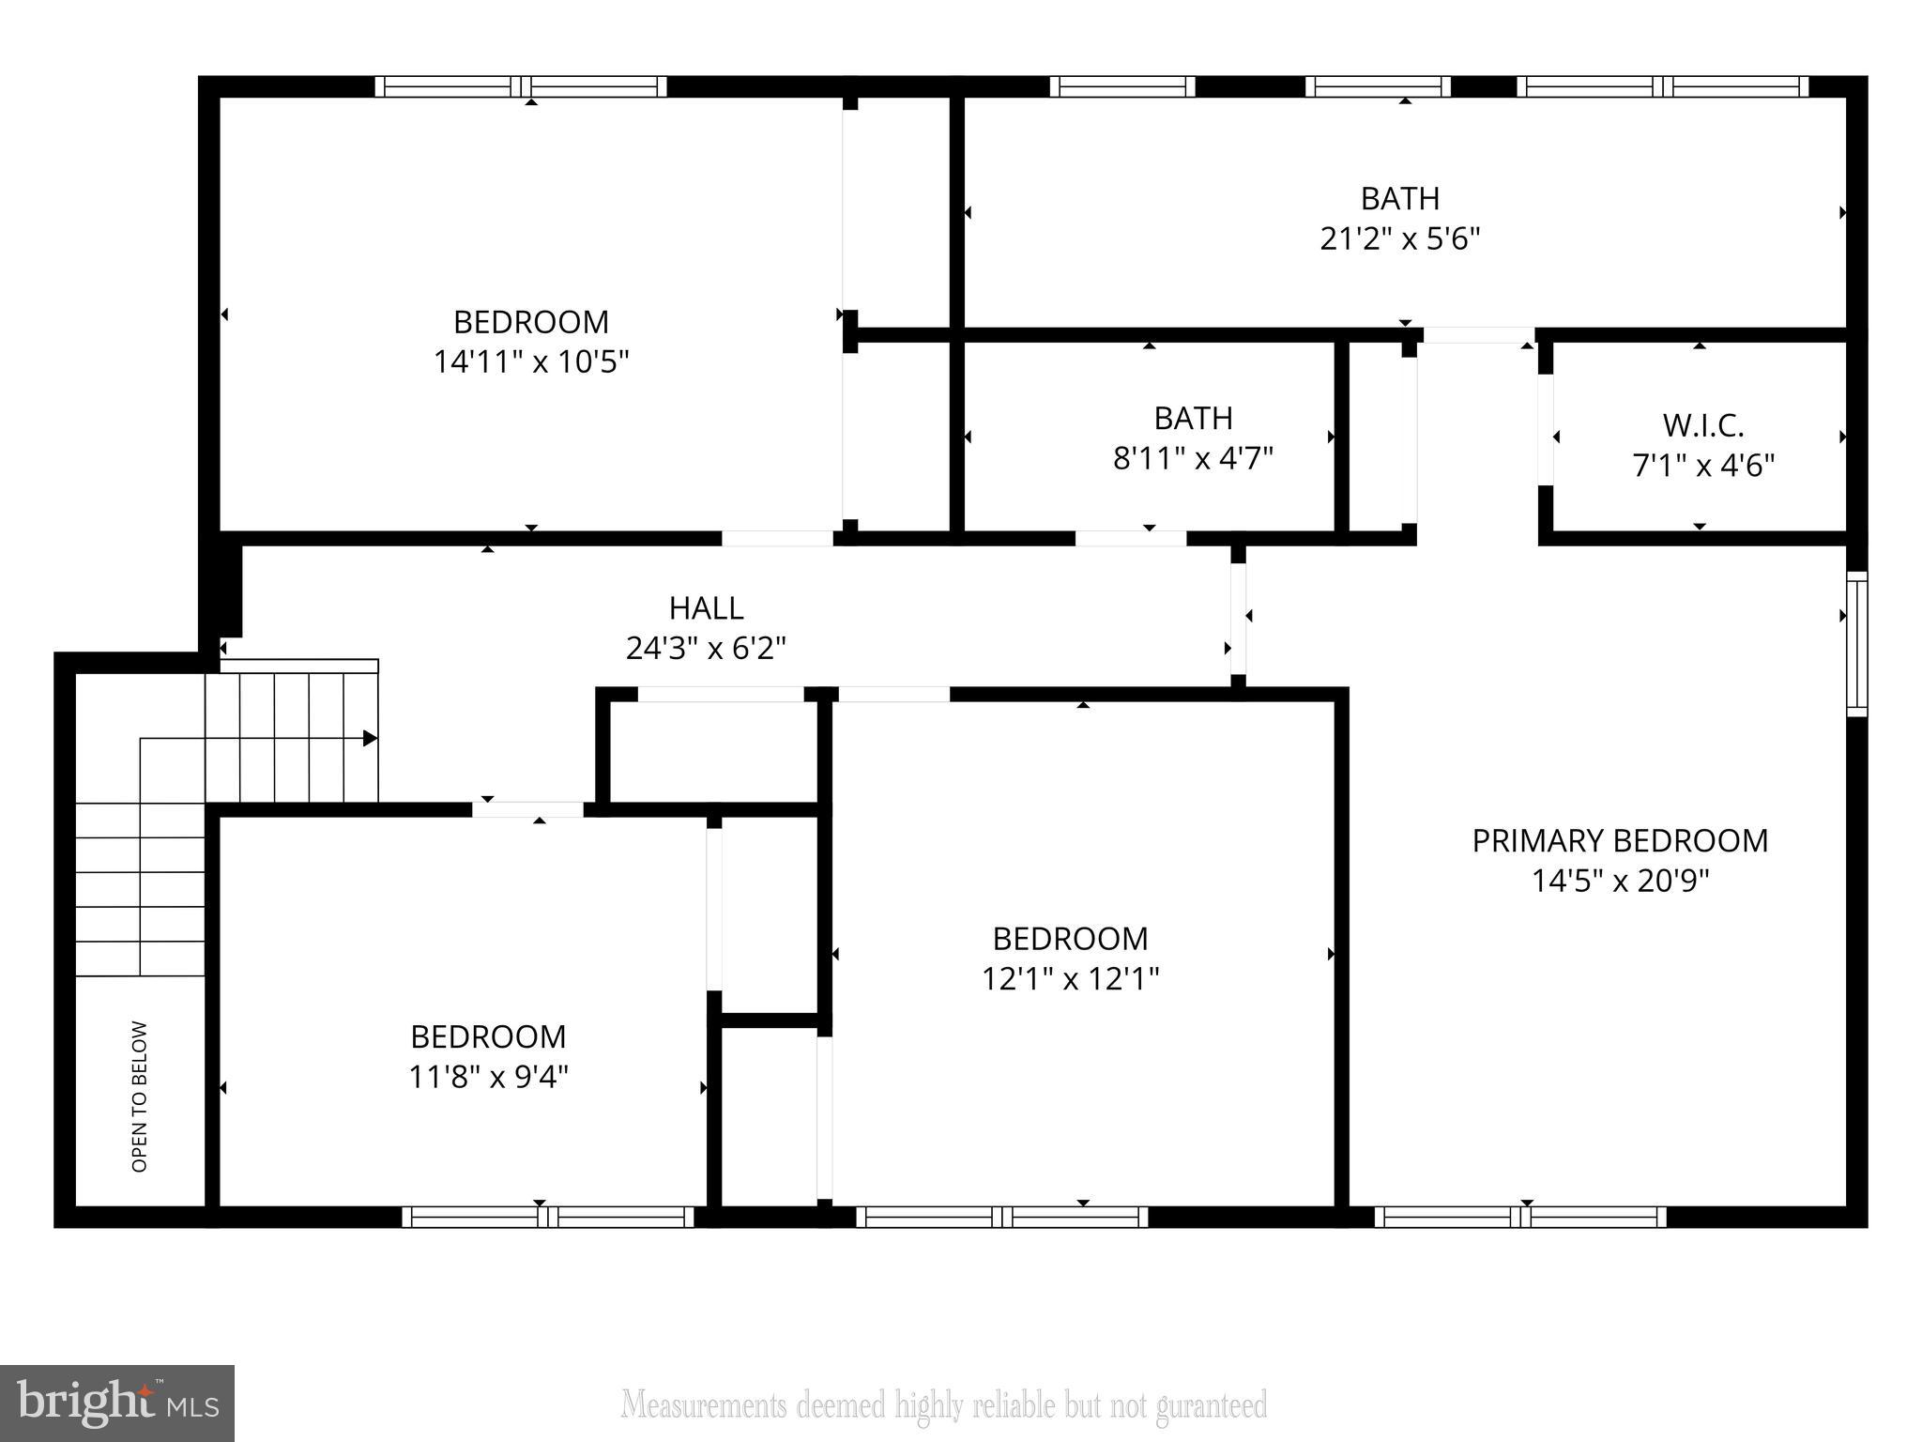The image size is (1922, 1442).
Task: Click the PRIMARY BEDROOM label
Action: click(1619, 840)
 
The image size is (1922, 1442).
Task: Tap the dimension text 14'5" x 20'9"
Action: click(1620, 881)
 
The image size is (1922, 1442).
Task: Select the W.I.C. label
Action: click(1702, 425)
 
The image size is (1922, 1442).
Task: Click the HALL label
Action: click(706, 608)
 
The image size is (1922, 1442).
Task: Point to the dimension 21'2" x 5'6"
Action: click(1399, 238)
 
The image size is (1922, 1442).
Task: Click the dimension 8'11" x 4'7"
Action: click(1192, 458)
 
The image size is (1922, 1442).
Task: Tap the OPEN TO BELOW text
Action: click(140, 1096)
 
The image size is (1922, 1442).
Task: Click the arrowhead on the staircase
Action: click(370, 739)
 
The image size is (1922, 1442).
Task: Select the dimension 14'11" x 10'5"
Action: click(530, 361)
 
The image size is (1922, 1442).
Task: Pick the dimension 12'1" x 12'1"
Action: click(1070, 979)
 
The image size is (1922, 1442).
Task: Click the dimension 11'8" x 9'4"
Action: click(488, 1076)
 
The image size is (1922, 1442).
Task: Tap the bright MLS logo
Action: click(116, 1403)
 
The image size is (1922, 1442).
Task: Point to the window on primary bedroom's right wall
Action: click(1856, 644)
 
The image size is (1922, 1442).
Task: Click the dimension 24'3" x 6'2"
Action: click(706, 648)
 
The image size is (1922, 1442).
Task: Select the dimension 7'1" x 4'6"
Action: click(1702, 466)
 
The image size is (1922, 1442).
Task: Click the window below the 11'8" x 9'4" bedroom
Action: click(548, 1217)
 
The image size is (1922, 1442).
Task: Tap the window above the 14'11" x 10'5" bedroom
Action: click(521, 86)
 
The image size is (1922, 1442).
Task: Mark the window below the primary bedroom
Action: click(1520, 1217)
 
